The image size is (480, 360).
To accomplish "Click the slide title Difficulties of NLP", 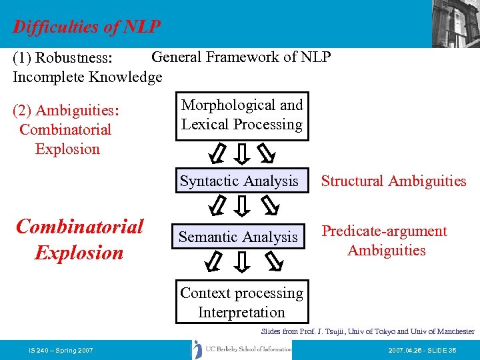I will (87, 27).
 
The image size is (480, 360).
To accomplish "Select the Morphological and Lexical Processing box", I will (242, 115).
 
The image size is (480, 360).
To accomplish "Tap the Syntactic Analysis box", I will (239, 181).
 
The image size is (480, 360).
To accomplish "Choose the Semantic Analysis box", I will (238, 237).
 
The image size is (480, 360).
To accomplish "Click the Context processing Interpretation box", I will (241, 303).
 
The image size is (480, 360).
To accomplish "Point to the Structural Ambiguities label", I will (393, 181).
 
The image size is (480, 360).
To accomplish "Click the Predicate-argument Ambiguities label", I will (385, 241).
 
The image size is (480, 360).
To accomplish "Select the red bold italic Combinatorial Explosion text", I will (79, 239).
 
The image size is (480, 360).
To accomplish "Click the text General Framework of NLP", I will (241, 57).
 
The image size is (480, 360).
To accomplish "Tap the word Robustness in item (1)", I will (79, 61).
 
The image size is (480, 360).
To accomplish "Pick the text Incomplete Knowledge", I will (87, 77).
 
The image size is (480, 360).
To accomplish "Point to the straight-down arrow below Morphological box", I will (243, 154).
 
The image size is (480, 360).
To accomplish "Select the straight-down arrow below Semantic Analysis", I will (243, 263).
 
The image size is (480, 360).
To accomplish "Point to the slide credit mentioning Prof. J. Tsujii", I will (367, 331).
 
